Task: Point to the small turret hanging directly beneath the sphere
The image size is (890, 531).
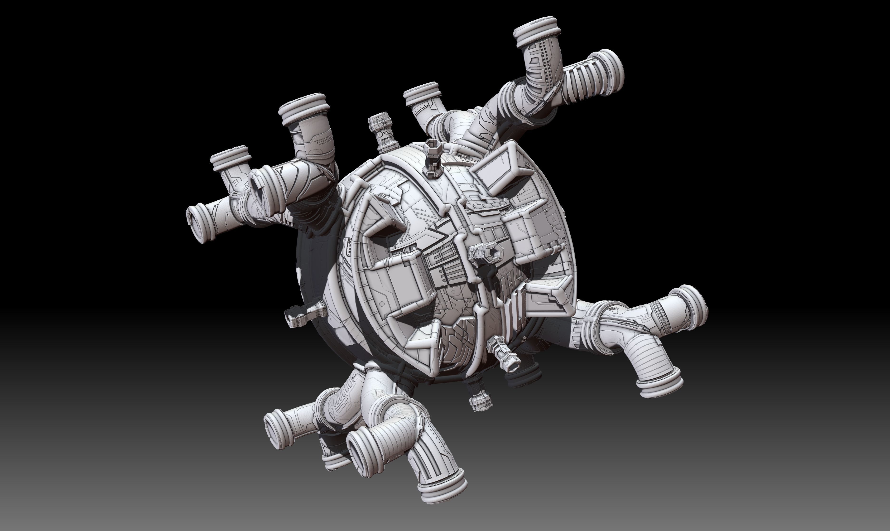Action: pos(481,401)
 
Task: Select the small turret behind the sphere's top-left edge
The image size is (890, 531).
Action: pos(383,132)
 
